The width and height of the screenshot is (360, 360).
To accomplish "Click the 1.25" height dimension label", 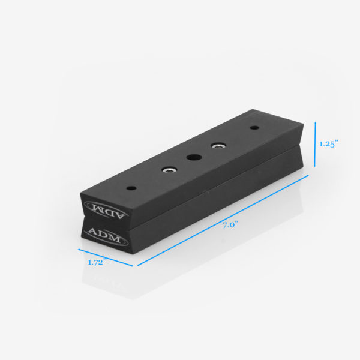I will [328, 144].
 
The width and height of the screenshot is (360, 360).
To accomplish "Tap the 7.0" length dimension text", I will [230, 225].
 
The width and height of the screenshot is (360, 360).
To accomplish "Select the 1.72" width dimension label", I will [96, 262].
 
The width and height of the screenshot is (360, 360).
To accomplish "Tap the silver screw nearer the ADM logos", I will [170, 170].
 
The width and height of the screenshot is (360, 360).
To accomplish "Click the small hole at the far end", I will [254, 128].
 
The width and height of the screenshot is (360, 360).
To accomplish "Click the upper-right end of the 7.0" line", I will [308, 176].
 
